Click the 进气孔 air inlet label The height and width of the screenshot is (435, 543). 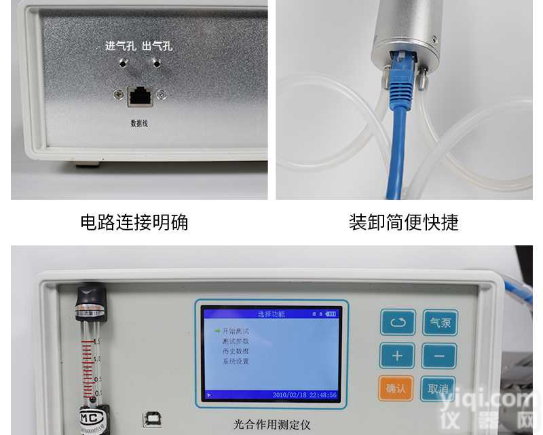[x=120, y=46]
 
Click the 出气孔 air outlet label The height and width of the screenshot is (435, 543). [x=157, y=46]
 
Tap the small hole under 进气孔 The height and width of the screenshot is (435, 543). [x=123, y=63]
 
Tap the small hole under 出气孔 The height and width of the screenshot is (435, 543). [x=157, y=63]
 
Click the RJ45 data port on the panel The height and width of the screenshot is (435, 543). [x=139, y=96]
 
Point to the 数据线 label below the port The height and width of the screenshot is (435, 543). [x=139, y=124]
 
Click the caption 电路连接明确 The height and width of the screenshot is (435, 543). [x=134, y=222]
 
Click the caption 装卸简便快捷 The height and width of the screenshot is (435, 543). [x=404, y=222]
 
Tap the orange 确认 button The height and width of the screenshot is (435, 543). [x=396, y=388]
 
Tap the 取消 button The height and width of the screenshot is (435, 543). [x=438, y=388]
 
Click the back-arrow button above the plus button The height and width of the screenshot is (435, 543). [x=397, y=322]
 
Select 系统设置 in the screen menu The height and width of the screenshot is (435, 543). [x=236, y=362]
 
